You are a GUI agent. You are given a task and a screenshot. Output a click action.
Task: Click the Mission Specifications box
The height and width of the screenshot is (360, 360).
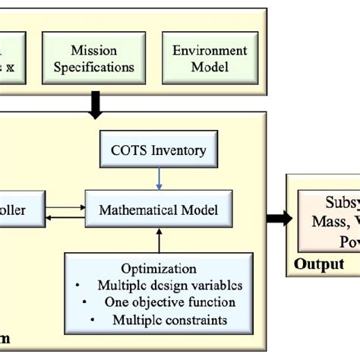94,58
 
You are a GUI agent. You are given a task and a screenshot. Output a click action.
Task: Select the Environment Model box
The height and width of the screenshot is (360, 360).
210,58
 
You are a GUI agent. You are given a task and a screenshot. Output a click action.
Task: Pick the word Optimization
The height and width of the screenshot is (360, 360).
159,269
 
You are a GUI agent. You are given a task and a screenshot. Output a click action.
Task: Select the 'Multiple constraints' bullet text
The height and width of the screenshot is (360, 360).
169,320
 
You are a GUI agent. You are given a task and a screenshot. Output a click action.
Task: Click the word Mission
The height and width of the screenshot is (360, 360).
94,51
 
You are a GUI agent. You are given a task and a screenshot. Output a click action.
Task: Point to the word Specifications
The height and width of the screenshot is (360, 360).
94,67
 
